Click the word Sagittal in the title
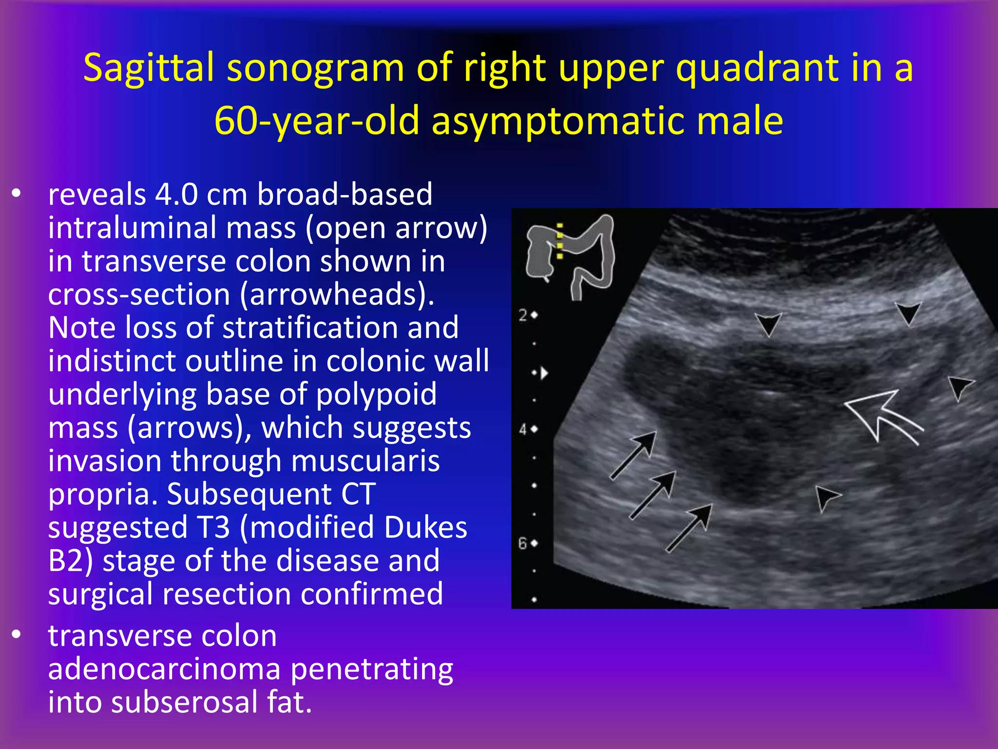coord(148,68)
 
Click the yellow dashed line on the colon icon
coord(560,241)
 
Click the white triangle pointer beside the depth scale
coord(544,373)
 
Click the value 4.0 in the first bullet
coord(176,195)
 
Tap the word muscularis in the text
coord(365,461)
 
